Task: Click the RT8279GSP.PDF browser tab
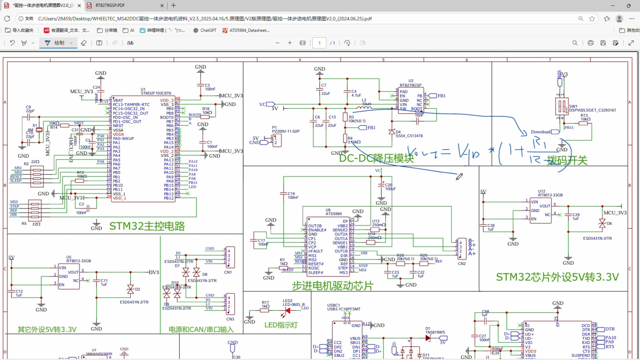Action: point(110,6)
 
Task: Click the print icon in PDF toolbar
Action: point(590,43)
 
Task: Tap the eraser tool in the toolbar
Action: point(83,43)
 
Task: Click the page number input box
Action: point(319,43)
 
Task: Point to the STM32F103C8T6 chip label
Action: point(156,93)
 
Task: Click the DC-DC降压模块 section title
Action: point(376,158)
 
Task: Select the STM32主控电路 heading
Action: point(147,226)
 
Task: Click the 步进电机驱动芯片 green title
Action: point(332,286)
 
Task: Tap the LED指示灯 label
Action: point(281,325)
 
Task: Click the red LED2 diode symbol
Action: point(287,311)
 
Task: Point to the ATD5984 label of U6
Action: point(334,214)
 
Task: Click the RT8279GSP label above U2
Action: point(410,85)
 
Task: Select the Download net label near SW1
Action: point(541,132)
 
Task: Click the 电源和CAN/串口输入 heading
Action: point(201,330)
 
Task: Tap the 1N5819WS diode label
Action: point(435,332)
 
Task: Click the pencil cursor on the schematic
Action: point(459,177)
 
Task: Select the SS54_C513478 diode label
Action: point(409,136)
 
